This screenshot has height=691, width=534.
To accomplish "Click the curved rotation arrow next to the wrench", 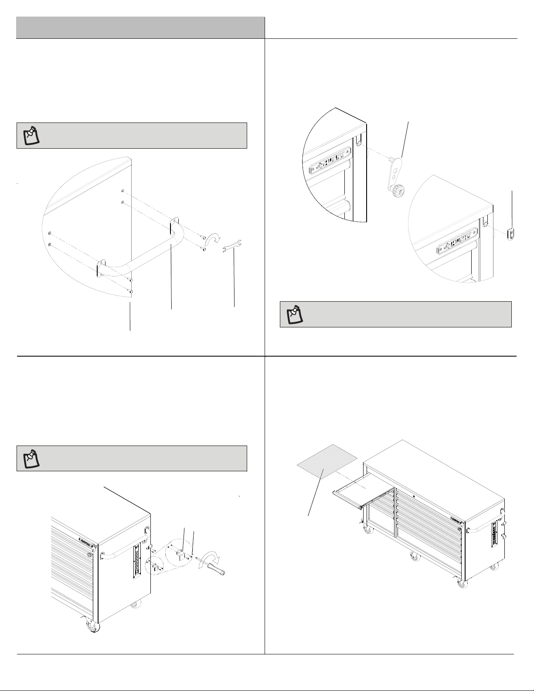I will pyautogui.click(x=213, y=240).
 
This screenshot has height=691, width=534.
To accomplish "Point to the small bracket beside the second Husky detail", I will pyautogui.click(x=511, y=231).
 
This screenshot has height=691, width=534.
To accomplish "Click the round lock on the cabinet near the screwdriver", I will pyautogui.click(x=89, y=555).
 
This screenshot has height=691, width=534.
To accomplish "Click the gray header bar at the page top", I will pyautogui.click(x=141, y=27).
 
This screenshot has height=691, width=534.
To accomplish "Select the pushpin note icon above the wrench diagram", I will pyautogui.click(x=31, y=136).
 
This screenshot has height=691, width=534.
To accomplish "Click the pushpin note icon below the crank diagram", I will pyautogui.click(x=294, y=314).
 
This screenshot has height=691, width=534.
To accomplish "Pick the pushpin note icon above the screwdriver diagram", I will pyautogui.click(x=31, y=458).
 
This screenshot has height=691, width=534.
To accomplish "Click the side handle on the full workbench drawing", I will pyautogui.click(x=479, y=530).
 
